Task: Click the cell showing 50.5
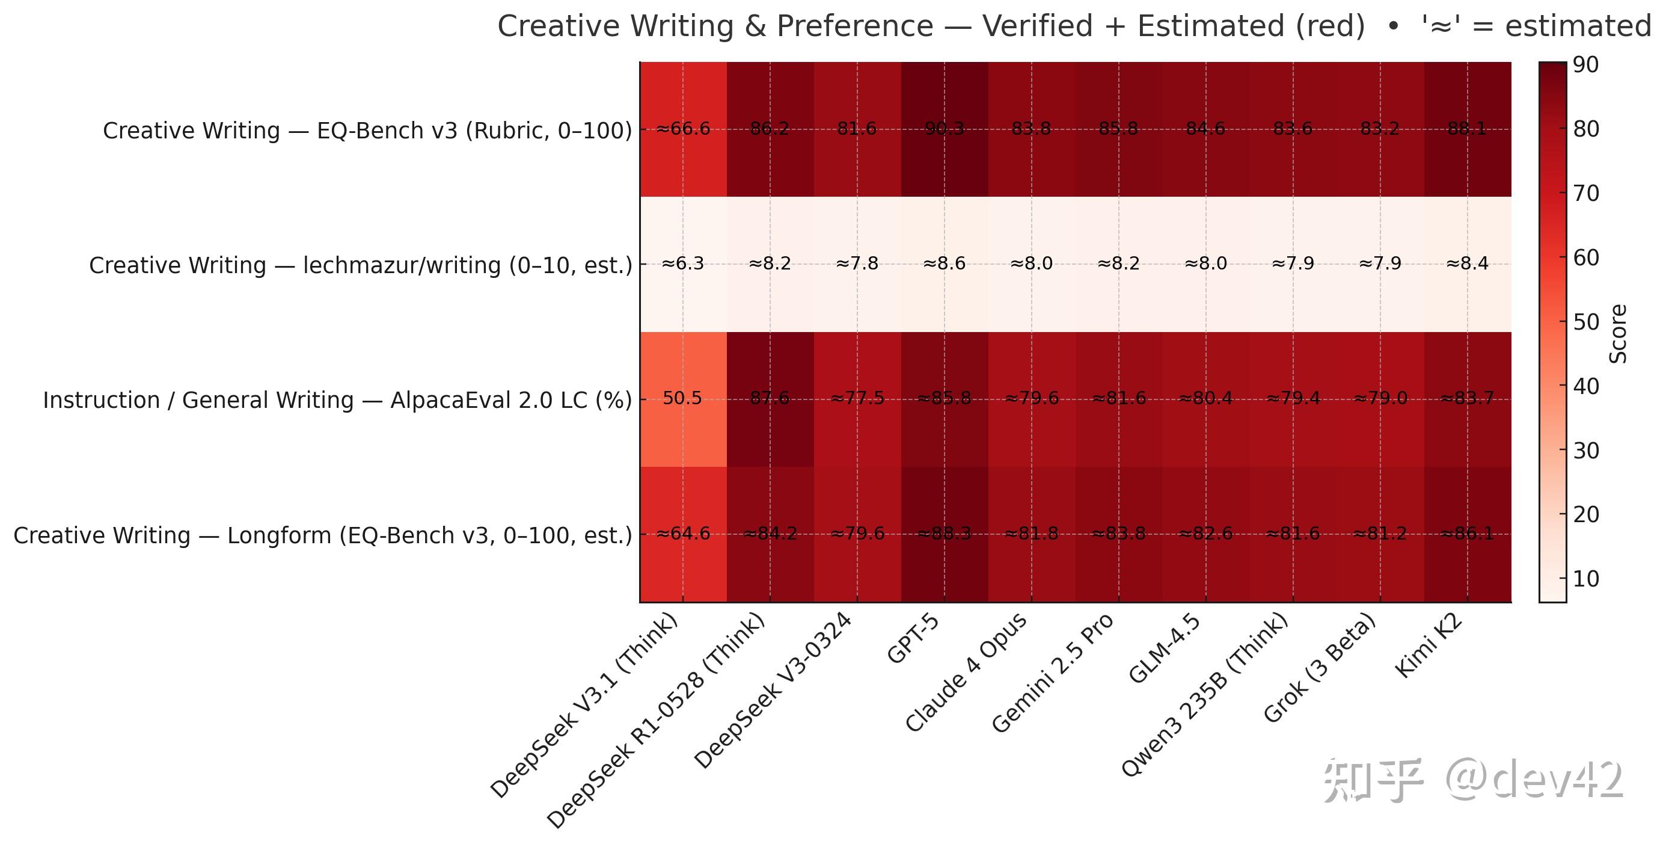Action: click(x=682, y=399)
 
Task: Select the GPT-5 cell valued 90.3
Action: click(x=945, y=129)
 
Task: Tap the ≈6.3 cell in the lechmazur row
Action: click(x=682, y=263)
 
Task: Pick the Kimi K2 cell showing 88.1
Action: click(x=1467, y=129)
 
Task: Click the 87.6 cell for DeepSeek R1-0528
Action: click(x=770, y=399)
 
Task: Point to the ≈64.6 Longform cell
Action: click(x=682, y=534)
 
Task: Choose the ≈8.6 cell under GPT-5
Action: click(x=945, y=263)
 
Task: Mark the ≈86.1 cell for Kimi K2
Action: click(x=1467, y=534)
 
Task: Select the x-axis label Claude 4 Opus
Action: click(x=966, y=673)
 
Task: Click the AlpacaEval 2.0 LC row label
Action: click(x=337, y=401)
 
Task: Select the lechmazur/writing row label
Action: click(x=360, y=265)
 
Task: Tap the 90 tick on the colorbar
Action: click(x=1585, y=65)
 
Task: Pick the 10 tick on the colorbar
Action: click(x=1585, y=579)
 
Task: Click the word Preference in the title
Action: click(x=854, y=26)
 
